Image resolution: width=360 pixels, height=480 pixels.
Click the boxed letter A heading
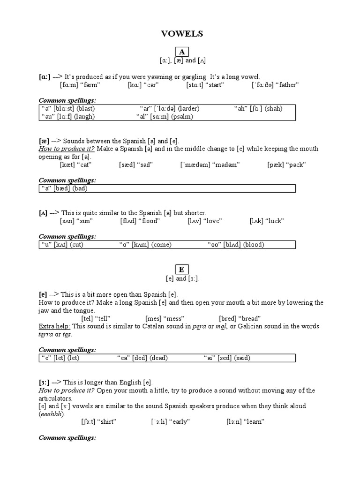click(182, 52)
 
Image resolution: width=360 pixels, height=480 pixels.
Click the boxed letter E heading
click(182, 269)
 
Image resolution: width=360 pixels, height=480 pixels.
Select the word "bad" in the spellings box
click(78, 188)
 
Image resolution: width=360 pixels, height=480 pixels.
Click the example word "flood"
click(148, 221)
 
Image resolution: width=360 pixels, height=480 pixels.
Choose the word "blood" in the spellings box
click(254, 245)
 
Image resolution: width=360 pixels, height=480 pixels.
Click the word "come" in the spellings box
click(161, 245)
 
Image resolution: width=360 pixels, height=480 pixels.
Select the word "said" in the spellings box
click(240, 358)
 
